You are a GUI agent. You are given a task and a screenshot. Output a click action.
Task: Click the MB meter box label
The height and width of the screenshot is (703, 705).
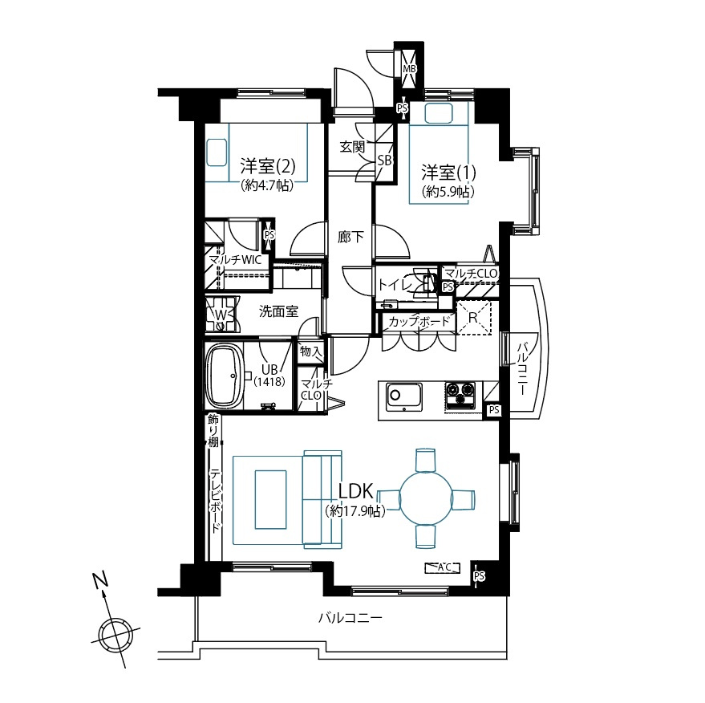coord(409,69)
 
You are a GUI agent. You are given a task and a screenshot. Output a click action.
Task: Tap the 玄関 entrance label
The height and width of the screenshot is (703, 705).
coord(352,147)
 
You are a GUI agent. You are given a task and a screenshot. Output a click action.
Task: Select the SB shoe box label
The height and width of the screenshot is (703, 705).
coord(384,161)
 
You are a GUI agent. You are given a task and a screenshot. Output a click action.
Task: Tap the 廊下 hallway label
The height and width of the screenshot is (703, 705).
coord(350,237)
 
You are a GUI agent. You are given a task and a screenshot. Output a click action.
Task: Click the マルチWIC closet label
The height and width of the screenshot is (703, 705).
coord(235,259)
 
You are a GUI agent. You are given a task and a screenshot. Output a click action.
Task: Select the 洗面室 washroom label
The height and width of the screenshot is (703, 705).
coord(279,311)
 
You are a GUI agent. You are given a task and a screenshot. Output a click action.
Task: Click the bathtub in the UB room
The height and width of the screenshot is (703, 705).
coord(224,376)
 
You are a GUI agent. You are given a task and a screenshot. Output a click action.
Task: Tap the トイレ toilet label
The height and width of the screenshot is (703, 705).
coord(395,284)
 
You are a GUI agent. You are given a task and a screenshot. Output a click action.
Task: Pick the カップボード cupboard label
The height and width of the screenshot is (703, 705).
coord(419,321)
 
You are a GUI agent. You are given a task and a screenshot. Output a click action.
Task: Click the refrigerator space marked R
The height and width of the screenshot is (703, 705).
coord(473,318)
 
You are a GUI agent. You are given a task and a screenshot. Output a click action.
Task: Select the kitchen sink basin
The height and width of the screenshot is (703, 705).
coord(403,396)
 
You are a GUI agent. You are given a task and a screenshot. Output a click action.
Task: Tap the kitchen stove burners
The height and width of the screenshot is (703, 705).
coord(460,395)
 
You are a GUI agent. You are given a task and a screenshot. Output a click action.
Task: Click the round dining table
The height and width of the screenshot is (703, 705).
coord(425,498)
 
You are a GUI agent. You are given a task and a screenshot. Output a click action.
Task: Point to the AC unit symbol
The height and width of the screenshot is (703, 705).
coord(443,568)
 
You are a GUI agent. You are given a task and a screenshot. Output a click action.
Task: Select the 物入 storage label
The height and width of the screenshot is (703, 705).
coord(311,351)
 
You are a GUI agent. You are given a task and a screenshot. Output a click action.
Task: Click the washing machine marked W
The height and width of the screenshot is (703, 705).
coord(221,314)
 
